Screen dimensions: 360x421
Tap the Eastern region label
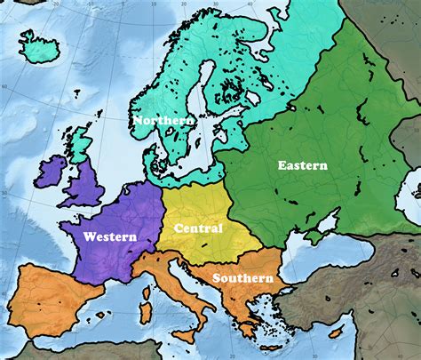pos(302,165)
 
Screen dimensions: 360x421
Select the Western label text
pos(110,237)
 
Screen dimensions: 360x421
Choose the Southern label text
pos(242,278)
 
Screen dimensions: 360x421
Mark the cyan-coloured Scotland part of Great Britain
pos(81,148)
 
